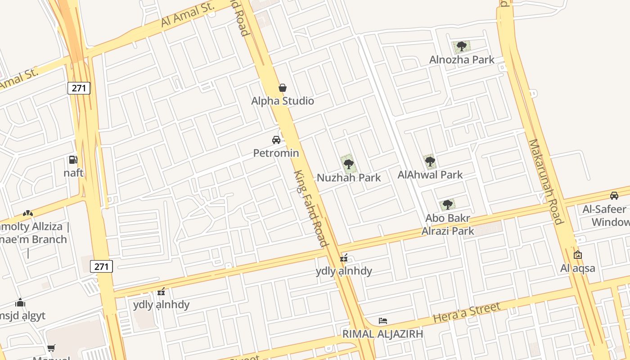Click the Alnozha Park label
pyautogui.click(x=462, y=59)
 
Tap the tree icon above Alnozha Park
pyautogui.click(x=461, y=46)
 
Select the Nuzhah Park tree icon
pyautogui.click(x=348, y=164)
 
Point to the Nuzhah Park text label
pyautogui.click(x=349, y=178)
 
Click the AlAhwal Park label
pyautogui.click(x=430, y=175)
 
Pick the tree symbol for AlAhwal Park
pyautogui.click(x=430, y=161)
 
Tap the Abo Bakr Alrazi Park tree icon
pyautogui.click(x=447, y=205)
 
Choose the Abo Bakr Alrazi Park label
pyautogui.click(x=448, y=225)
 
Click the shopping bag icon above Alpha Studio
pyautogui.click(x=283, y=87)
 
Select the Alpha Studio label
pyautogui.click(x=283, y=101)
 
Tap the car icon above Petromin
pyautogui.click(x=276, y=140)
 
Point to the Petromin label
pyautogui.click(x=276, y=153)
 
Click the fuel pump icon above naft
pyautogui.click(x=73, y=160)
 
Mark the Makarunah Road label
pyautogui.click(x=545, y=181)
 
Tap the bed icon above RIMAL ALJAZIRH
pyautogui.click(x=383, y=321)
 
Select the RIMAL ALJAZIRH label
pyautogui.click(x=382, y=334)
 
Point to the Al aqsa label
pyautogui.click(x=577, y=268)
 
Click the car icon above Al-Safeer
pyautogui.click(x=614, y=196)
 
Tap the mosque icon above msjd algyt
pyautogui.click(x=20, y=302)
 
